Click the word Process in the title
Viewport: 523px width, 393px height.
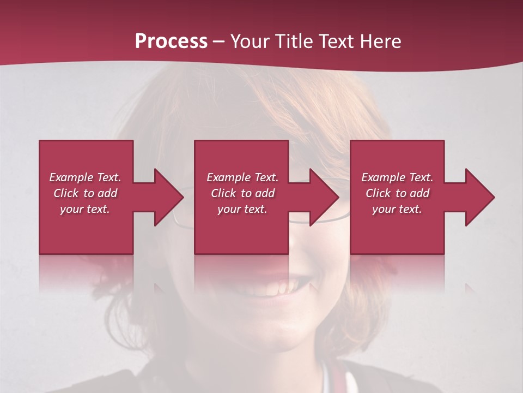point(171,41)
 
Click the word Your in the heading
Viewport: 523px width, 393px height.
point(251,41)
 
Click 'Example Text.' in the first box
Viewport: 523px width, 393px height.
point(85,177)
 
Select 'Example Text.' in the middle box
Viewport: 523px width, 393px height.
point(242,177)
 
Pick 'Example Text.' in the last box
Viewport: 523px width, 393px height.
point(397,177)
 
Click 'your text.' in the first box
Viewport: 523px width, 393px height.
point(85,209)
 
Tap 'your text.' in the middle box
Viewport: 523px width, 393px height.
point(242,209)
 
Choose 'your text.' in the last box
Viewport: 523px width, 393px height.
point(397,209)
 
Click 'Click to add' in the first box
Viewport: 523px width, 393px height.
point(85,193)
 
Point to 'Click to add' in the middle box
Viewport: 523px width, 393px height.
point(242,193)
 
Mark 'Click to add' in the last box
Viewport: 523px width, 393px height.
point(397,193)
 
